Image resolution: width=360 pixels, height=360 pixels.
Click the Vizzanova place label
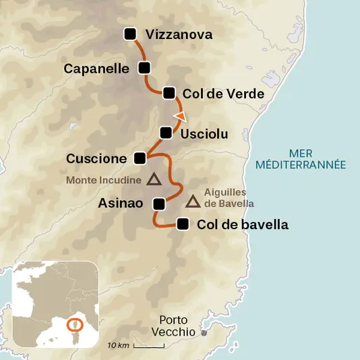[x=179, y=34]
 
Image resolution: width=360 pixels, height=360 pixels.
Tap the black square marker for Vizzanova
[x=131, y=34]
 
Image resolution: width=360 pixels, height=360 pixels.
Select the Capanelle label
[x=96, y=68]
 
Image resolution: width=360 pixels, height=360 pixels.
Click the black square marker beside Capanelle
[x=144, y=67]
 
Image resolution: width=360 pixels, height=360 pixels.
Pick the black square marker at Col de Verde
[x=169, y=93]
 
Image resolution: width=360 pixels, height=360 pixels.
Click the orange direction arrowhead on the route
[x=179, y=117]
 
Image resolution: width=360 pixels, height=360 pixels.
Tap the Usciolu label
[x=204, y=134]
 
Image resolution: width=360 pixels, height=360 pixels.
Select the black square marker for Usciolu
[x=166, y=133]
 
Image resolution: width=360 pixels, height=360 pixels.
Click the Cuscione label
[x=96, y=158]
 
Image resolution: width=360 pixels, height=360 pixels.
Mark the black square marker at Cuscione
[x=140, y=158]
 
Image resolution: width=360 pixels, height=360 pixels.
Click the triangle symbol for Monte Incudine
[x=154, y=179]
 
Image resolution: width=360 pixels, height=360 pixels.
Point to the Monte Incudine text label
[x=103, y=180]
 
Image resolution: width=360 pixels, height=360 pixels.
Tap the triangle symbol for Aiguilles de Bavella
[x=193, y=201]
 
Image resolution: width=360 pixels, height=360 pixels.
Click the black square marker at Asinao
[x=159, y=204]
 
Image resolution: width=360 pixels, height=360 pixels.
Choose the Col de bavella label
[x=243, y=225]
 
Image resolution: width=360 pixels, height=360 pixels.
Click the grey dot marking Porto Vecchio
[x=205, y=332]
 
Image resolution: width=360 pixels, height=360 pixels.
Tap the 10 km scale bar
[x=148, y=347]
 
